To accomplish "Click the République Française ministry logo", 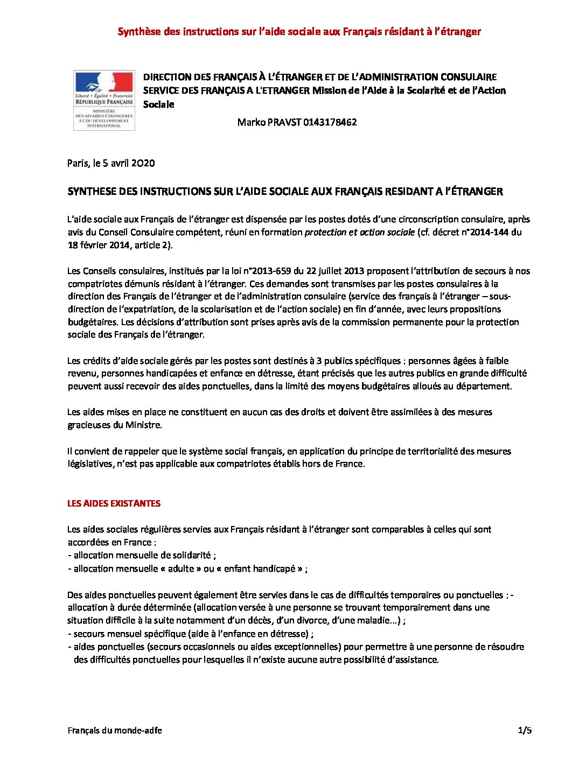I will coord(104,100).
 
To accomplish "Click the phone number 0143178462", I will coord(330,122).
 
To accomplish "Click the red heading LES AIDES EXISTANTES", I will coord(114,503).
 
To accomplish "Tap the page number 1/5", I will coord(525,731).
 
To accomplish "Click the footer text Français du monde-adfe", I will coord(115,731).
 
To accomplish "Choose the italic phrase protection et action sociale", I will coord(360,233).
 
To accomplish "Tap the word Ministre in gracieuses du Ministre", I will coord(143,425).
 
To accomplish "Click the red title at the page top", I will coord(299,32).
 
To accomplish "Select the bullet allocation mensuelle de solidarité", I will coord(142,555).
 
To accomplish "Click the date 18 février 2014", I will coord(99,245).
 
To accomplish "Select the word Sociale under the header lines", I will coord(158,104).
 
